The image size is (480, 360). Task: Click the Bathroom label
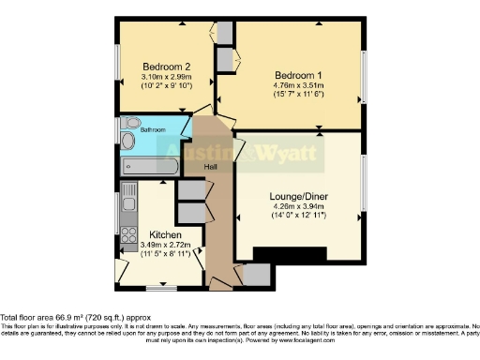click(153, 129)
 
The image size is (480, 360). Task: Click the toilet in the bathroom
click(129, 125)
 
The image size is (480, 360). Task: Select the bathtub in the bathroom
click(149, 166)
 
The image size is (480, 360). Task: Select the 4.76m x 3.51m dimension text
click(296, 86)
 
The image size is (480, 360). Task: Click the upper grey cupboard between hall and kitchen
click(190, 189)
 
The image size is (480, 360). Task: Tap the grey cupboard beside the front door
click(256, 275)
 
